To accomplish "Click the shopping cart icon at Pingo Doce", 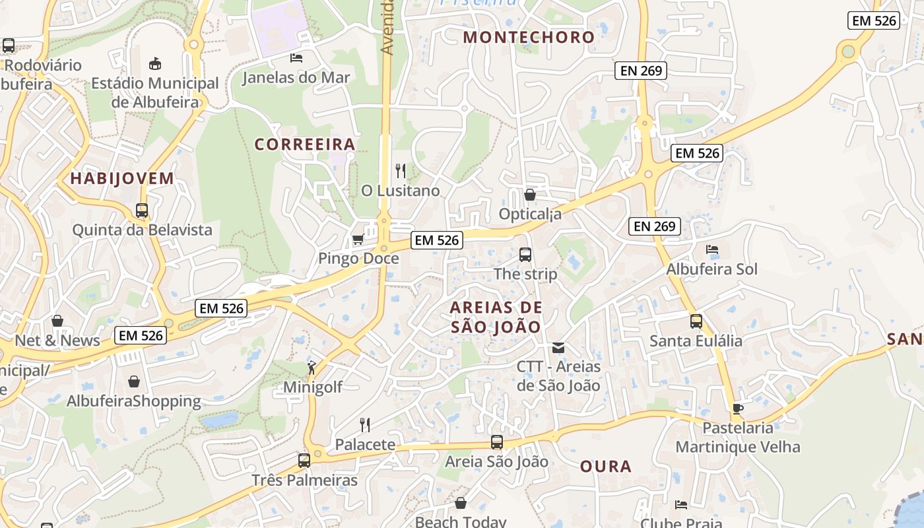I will [x=358, y=239].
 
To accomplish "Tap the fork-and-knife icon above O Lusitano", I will [x=401, y=171].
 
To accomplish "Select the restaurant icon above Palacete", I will [x=364, y=424].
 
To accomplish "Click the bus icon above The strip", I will [x=525, y=255].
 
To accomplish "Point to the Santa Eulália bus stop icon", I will [x=696, y=321].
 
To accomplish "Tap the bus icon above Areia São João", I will [x=497, y=442].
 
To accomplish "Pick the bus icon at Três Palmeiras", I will [x=304, y=461].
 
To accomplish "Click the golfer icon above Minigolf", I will [x=312, y=368].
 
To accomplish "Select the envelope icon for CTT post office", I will [x=558, y=347].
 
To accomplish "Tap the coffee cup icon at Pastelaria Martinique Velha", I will [x=738, y=409].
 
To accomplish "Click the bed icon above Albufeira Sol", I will [x=712, y=249].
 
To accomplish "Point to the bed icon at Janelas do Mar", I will [x=296, y=58].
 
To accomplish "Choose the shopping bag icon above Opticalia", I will [x=529, y=195].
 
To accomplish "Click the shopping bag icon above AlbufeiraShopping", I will [x=134, y=381].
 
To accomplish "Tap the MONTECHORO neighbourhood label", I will [x=529, y=37].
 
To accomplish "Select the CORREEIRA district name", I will [x=305, y=144].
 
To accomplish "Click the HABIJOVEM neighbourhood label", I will [x=122, y=178].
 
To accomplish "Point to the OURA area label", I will [x=606, y=467].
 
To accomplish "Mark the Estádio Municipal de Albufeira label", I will [x=155, y=92].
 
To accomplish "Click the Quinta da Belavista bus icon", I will [x=142, y=211].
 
